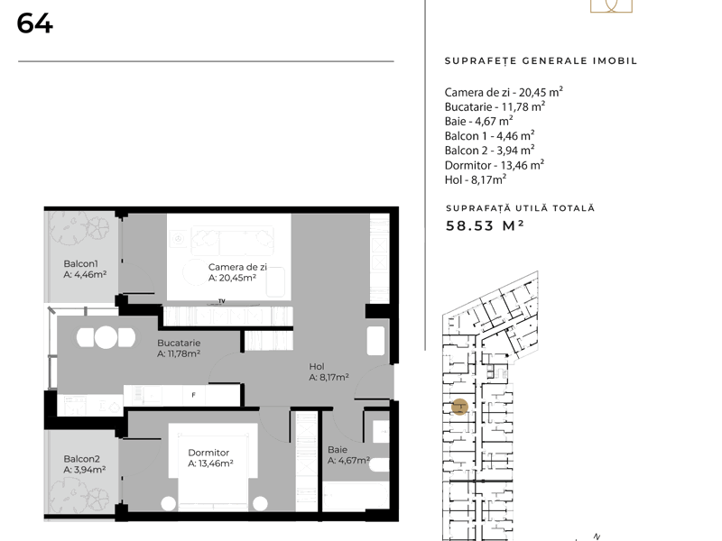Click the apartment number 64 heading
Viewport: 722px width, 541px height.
34,23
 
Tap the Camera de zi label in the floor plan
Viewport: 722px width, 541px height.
237,267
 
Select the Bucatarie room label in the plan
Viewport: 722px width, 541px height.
179,343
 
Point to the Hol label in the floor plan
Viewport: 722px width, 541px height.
317,366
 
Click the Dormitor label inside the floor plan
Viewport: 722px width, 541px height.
208,453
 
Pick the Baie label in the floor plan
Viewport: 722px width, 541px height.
338,449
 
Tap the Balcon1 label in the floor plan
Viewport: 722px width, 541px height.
80,263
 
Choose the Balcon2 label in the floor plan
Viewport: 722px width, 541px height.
81,459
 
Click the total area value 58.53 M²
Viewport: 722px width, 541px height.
485,225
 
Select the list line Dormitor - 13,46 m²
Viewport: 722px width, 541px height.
495,165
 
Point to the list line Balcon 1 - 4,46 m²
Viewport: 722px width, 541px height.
489,136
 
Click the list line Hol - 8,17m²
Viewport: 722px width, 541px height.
476,179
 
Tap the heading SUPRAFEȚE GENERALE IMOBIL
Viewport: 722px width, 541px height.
541,60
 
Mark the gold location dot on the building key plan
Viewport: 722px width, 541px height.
459,407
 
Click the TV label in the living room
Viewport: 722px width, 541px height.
222,301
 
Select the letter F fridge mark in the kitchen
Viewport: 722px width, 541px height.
193,395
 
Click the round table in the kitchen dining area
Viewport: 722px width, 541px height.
106,337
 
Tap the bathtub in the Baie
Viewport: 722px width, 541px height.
355,496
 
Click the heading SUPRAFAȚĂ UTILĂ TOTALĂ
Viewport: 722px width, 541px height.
521,208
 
